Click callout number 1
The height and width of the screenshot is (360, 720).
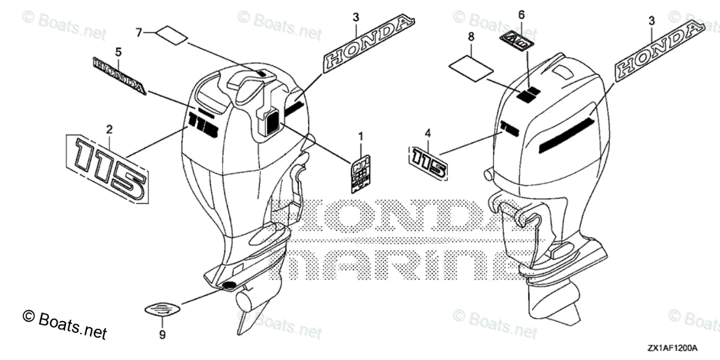tap(361, 137)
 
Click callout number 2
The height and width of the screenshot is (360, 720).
tap(109, 129)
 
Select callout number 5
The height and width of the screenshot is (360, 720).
tap(118, 52)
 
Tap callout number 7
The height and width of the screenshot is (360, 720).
tap(139, 32)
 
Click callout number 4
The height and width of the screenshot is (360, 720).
tap(428, 133)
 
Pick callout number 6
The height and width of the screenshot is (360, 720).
tap(521, 14)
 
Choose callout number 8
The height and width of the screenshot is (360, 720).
tap(471, 37)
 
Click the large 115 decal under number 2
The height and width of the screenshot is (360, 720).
tap(106, 169)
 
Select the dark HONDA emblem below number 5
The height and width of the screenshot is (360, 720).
tap(119, 76)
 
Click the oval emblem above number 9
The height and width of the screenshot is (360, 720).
tap(162, 310)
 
